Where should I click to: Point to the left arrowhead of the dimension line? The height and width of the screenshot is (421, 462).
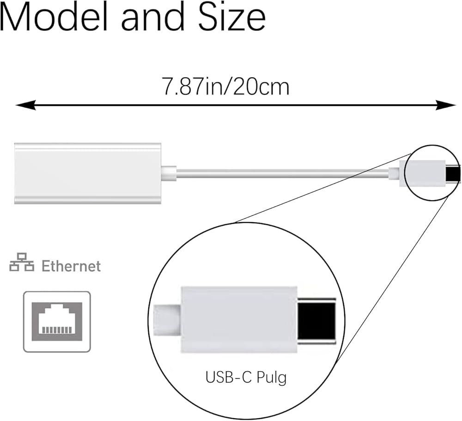click(x=23, y=105)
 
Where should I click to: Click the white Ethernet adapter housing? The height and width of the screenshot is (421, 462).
click(x=88, y=173)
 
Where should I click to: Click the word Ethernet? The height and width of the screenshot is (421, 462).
click(x=71, y=266)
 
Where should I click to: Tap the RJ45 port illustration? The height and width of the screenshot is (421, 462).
click(x=57, y=322)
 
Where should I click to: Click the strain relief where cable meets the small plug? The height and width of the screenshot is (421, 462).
click(x=394, y=174)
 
